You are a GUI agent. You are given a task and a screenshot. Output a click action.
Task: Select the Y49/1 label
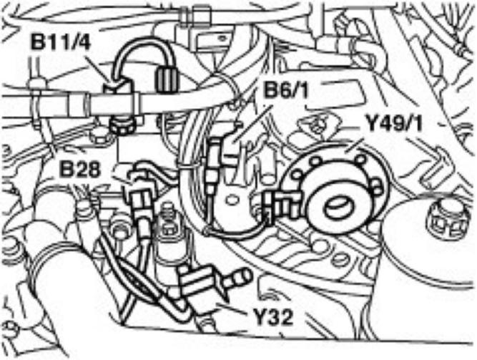tap(395, 122)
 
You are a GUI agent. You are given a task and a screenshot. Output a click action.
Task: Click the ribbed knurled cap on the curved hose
tap(167, 74)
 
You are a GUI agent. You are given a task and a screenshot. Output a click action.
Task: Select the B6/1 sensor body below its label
tap(217, 154)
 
